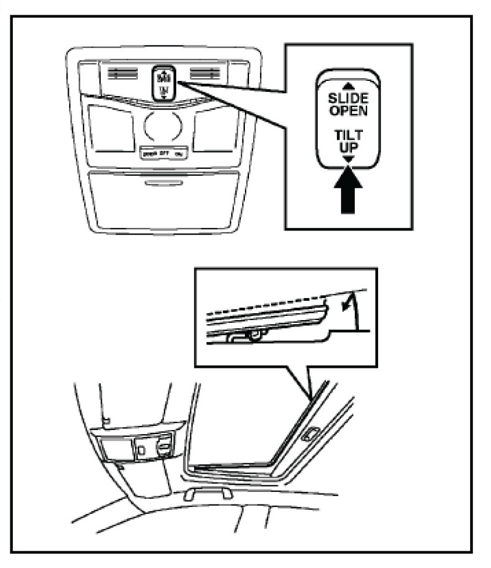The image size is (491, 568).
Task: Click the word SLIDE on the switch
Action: (348, 98)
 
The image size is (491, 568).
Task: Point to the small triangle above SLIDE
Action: (348, 86)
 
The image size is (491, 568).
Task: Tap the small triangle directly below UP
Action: (348, 158)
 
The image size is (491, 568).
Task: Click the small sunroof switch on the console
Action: (163, 83)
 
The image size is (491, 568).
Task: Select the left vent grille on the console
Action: (122, 74)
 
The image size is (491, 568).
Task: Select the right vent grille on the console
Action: (204, 74)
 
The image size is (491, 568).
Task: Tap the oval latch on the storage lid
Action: (163, 183)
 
